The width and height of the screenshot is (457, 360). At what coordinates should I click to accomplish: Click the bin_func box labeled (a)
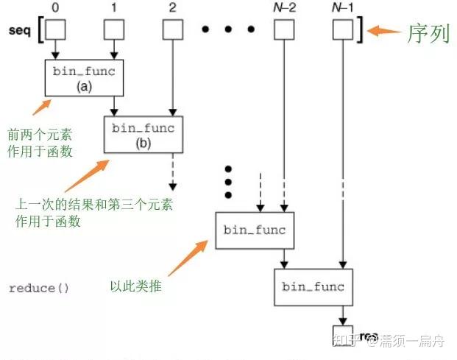(84, 78)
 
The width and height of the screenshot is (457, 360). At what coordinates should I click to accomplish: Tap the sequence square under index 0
(55, 29)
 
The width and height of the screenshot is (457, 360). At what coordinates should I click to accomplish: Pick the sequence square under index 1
(114, 29)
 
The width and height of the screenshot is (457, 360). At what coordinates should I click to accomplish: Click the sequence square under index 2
(172, 29)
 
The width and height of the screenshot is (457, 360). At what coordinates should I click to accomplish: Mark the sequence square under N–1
(343, 29)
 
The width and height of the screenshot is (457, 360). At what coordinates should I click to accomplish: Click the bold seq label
(21, 30)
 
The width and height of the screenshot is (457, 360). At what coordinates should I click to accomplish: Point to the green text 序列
(428, 34)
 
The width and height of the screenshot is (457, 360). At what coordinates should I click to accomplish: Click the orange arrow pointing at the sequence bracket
(383, 31)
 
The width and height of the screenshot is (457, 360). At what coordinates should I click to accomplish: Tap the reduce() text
(38, 288)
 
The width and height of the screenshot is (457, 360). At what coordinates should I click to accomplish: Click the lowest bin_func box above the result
(313, 287)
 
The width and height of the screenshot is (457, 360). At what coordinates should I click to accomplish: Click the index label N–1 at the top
(343, 9)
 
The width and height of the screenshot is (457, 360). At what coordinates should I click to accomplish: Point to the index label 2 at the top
(172, 9)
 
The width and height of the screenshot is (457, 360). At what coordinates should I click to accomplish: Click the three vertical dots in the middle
(228, 181)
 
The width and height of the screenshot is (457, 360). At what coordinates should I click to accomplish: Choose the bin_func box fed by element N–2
(254, 230)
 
